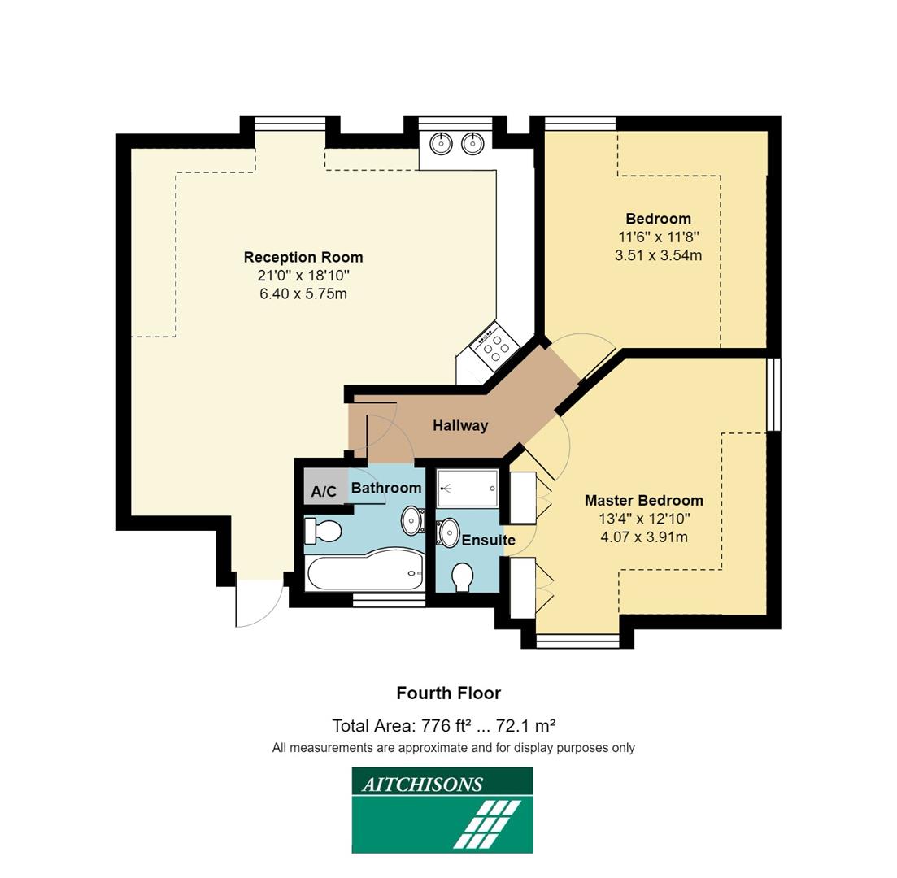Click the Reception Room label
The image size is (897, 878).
(303, 257)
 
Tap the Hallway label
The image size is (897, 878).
(459, 425)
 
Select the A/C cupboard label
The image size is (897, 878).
(324, 491)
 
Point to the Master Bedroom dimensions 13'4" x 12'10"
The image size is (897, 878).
(644, 519)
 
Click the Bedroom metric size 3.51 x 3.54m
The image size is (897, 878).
(658, 255)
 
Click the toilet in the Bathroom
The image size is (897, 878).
(322, 532)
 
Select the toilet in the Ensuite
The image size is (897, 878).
(463, 577)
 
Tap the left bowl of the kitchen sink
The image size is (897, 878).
(441, 144)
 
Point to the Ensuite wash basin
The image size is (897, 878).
(448, 533)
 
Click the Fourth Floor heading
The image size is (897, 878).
(448, 693)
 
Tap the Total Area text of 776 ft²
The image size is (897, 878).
(443, 726)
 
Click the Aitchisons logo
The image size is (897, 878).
(442, 811)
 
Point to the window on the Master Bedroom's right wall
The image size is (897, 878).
(773, 394)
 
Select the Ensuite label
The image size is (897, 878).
(488, 540)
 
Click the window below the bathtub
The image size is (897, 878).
(389, 600)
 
